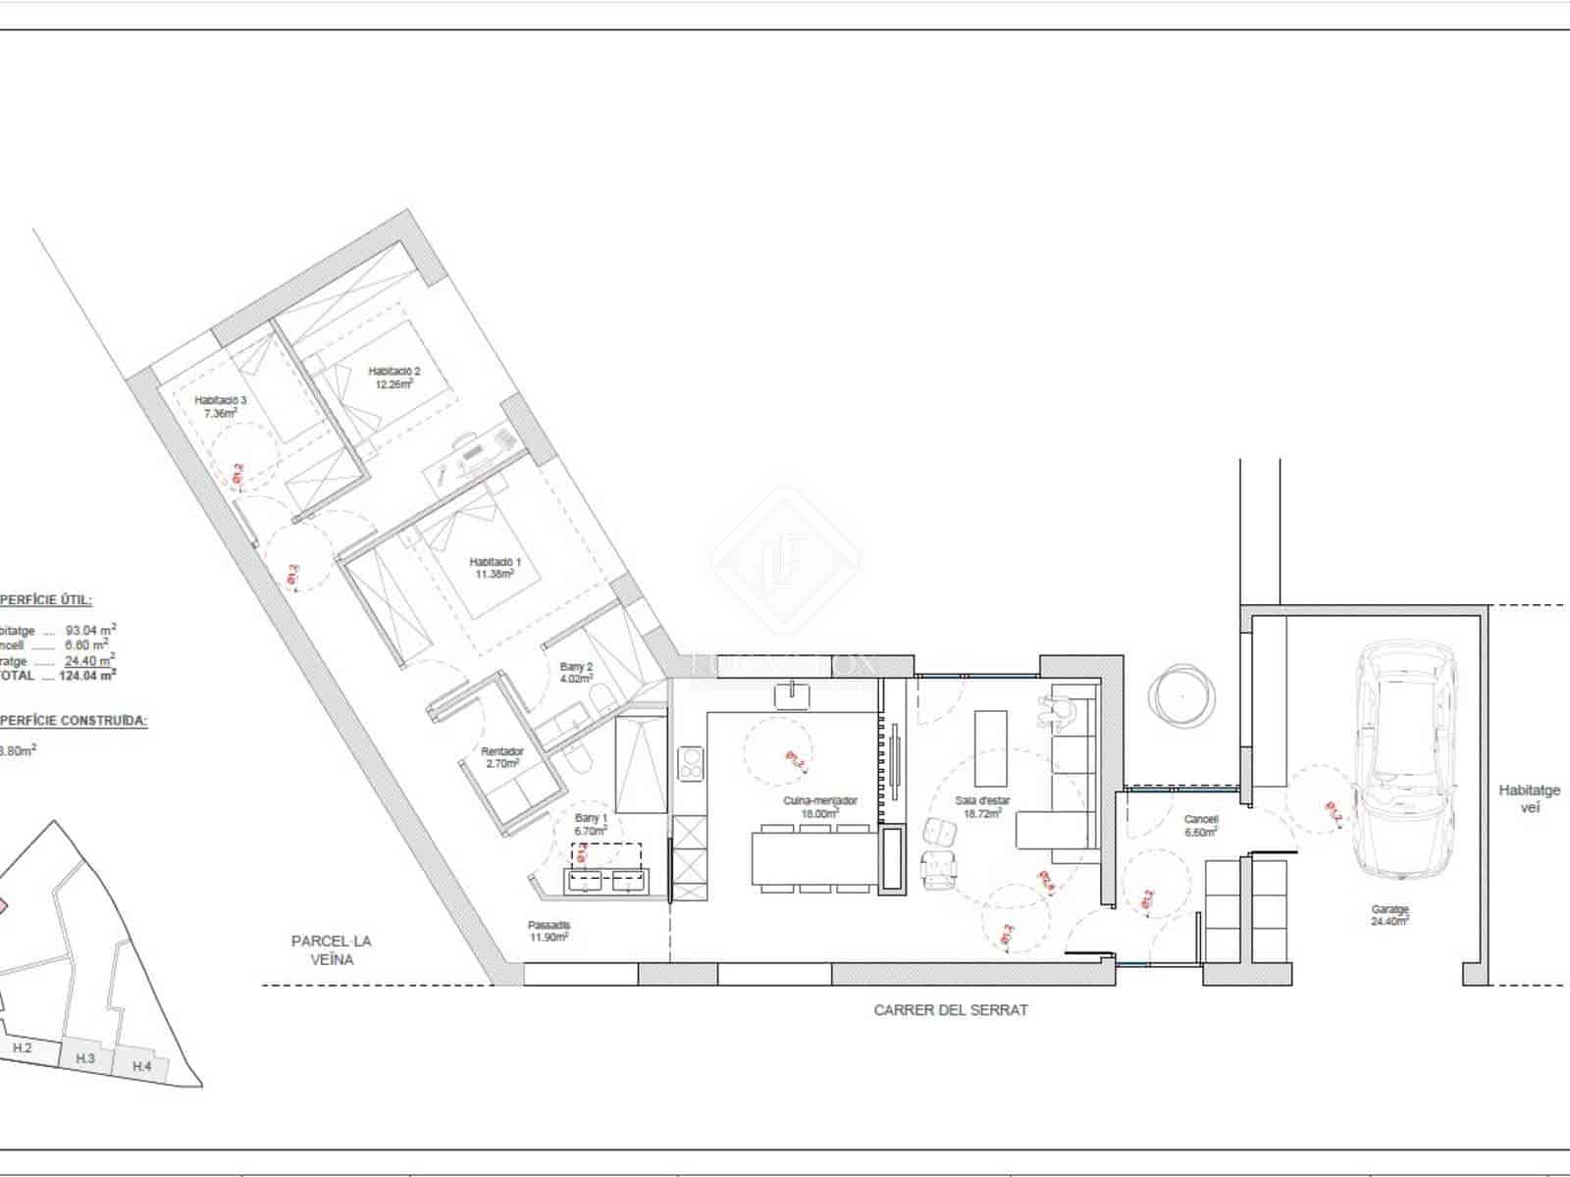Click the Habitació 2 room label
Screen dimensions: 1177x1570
pyautogui.click(x=393, y=377)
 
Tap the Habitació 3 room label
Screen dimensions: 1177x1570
pyautogui.click(x=220, y=406)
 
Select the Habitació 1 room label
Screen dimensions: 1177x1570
pyautogui.click(x=495, y=567)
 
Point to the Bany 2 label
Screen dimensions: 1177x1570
pyautogui.click(x=576, y=672)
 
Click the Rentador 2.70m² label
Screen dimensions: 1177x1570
pyautogui.click(x=502, y=756)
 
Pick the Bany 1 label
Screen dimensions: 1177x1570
pyautogui.click(x=592, y=823)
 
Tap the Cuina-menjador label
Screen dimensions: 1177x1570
pyautogui.click(x=819, y=806)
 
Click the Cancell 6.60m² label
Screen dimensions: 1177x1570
pyautogui.click(x=1201, y=825)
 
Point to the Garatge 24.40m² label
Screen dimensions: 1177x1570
pyautogui.click(x=1390, y=915)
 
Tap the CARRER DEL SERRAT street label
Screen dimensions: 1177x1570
pyautogui.click(x=951, y=1009)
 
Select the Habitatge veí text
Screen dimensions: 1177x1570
pyautogui.click(x=1529, y=798)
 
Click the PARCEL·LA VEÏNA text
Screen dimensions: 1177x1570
pyautogui.click(x=332, y=949)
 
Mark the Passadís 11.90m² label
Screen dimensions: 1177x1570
pyautogui.click(x=549, y=930)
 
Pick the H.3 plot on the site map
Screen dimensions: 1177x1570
pyautogui.click(x=85, y=1058)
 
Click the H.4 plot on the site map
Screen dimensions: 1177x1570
pyautogui.click(x=141, y=1065)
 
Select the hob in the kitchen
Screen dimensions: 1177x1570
pyautogui.click(x=691, y=763)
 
